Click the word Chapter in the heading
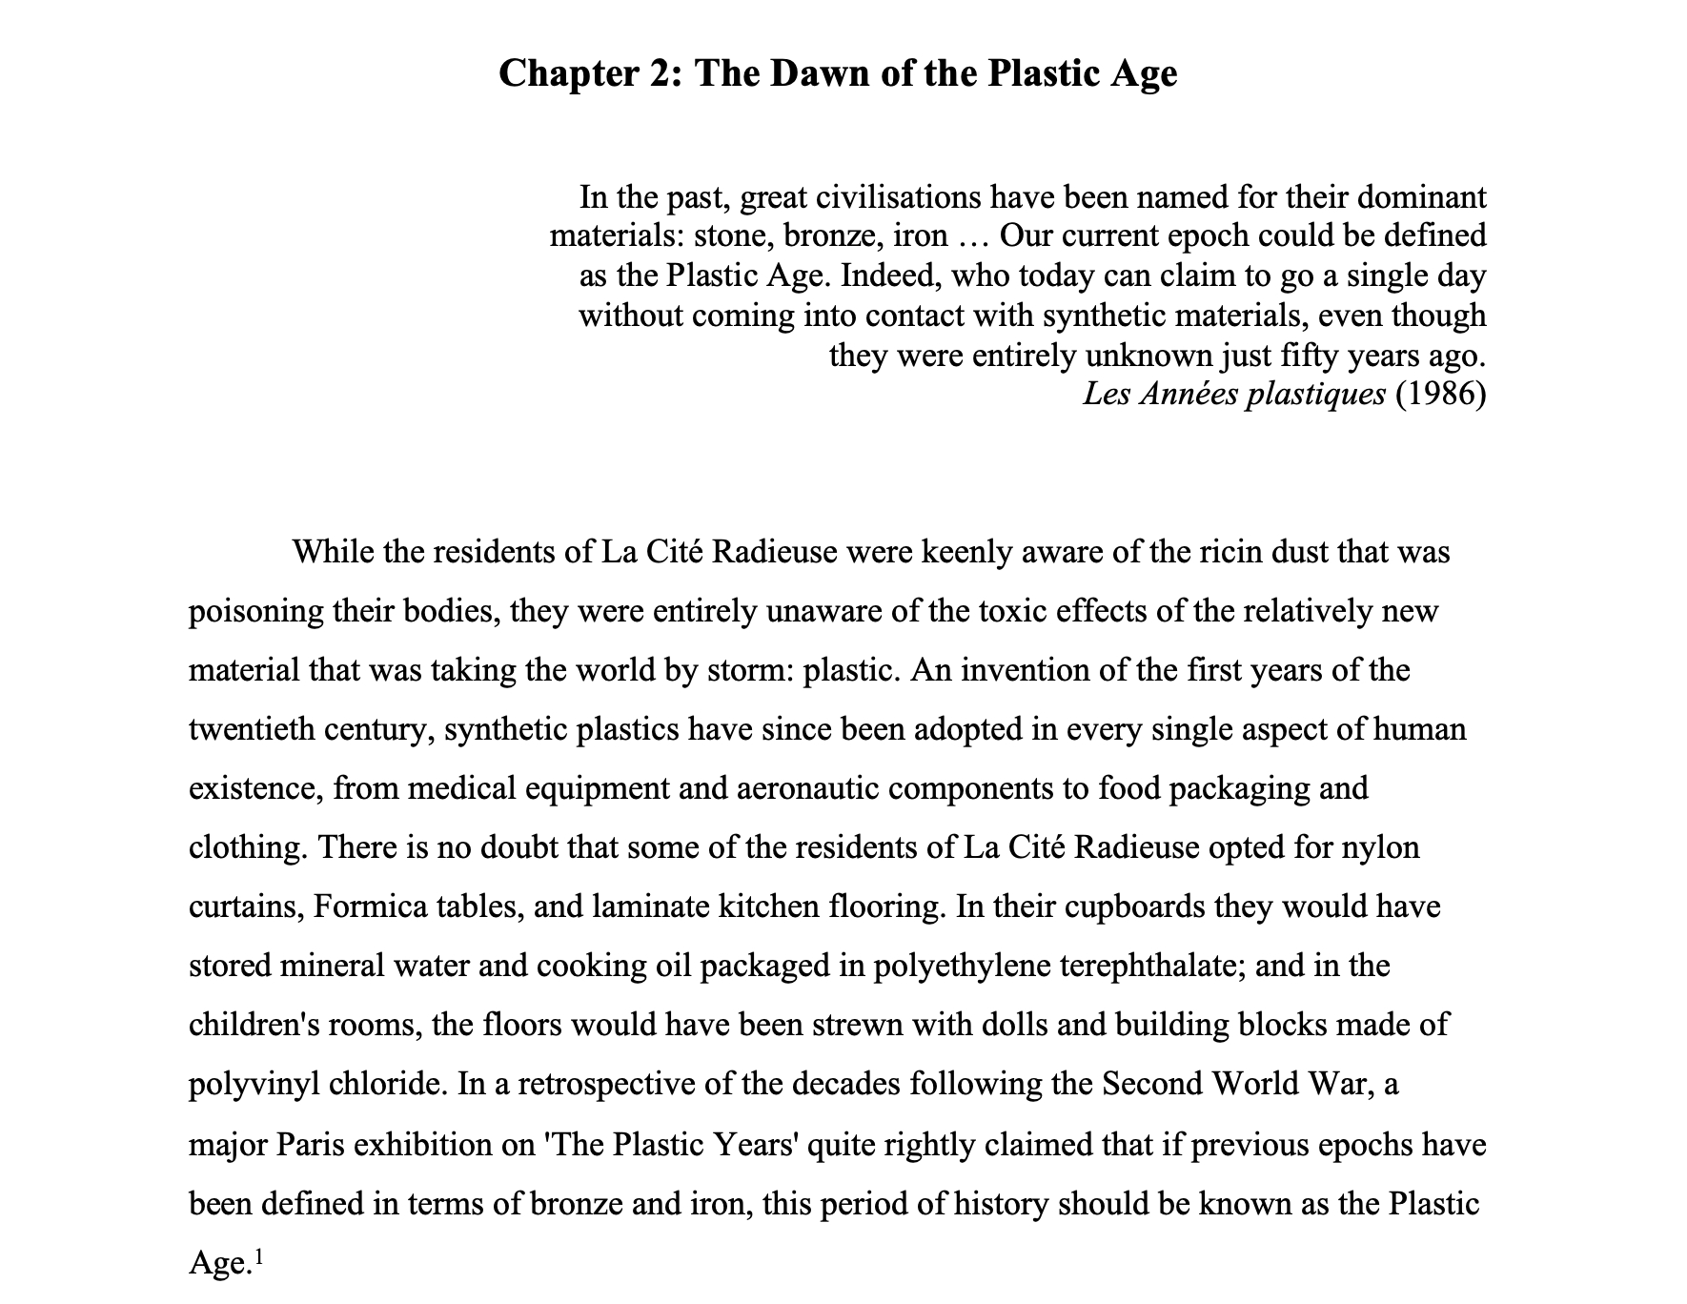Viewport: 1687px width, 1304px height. point(561,73)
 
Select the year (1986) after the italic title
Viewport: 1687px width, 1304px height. point(1440,394)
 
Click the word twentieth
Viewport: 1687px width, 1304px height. point(251,729)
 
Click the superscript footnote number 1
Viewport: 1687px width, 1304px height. point(258,1256)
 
